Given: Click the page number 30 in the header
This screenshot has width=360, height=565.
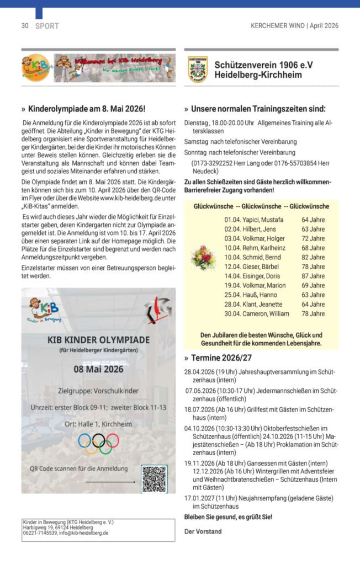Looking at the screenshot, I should coord(25,25).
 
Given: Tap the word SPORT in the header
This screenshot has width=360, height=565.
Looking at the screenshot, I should coord(47,25).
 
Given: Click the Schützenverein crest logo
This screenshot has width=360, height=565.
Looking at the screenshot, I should coord(198,69).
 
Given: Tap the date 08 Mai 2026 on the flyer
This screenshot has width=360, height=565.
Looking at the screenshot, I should coord(99,369).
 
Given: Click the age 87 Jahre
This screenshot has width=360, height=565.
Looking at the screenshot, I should coord(313,275).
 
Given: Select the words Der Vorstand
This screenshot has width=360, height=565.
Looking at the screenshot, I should coord(203,531).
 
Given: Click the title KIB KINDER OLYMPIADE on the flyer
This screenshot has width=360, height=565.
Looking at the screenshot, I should coord(99,339).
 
